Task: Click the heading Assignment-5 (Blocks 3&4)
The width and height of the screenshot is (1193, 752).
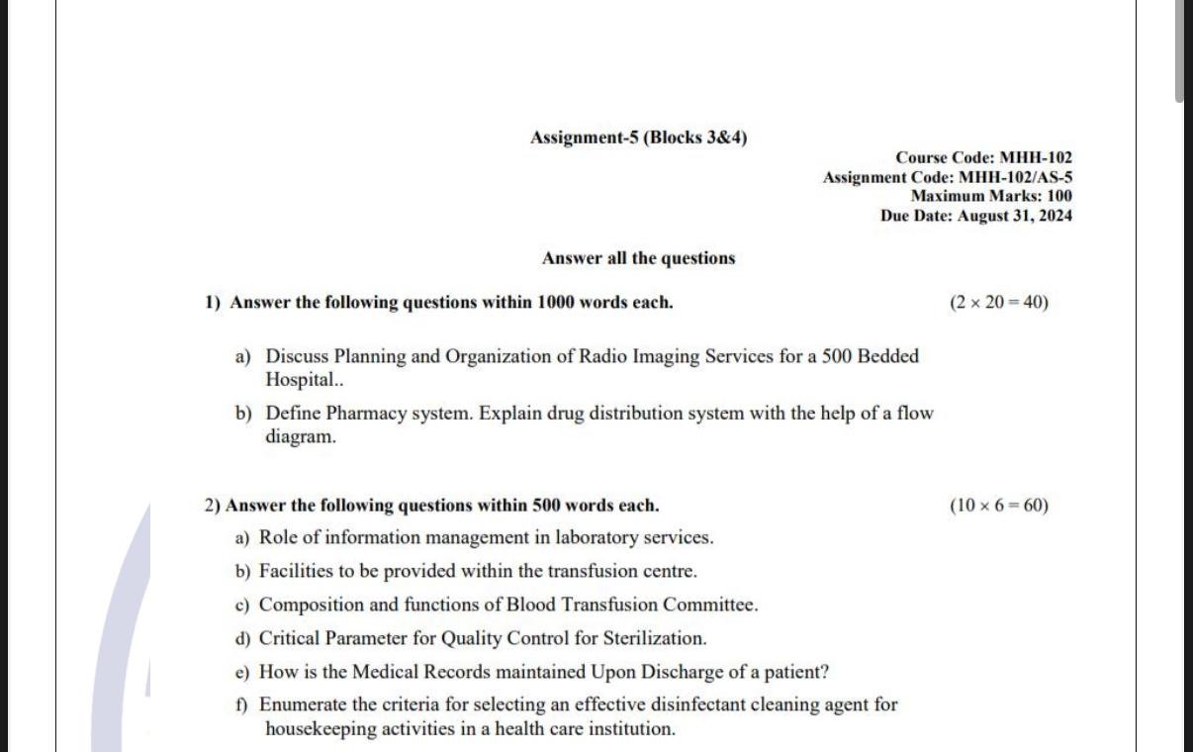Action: [638, 138]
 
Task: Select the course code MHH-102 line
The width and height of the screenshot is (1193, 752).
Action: [983, 157]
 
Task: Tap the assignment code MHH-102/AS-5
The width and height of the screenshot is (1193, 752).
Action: [948, 177]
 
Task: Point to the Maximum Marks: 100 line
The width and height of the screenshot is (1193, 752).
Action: [991, 196]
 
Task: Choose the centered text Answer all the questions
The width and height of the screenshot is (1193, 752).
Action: [638, 258]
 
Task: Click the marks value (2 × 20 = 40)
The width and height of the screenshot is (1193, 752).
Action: [998, 303]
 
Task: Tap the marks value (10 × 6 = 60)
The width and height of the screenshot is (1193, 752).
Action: [998, 506]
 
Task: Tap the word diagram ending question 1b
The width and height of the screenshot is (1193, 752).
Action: [300, 436]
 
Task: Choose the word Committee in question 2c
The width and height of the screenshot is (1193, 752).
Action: [709, 605]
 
